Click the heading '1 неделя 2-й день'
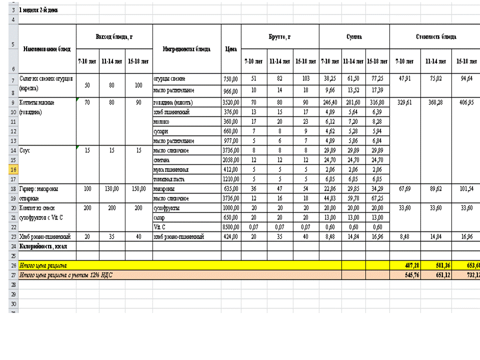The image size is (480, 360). coord(38,10)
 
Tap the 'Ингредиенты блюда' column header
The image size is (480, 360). coord(186,49)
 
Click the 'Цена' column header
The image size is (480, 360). coord(230,49)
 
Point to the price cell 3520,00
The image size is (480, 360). coord(230,102)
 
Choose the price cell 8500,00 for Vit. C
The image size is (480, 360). coord(230,226)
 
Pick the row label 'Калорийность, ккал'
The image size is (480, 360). coord(43,246)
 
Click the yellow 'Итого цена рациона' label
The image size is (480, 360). coord(43,265)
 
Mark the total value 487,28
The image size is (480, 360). coord(404,265)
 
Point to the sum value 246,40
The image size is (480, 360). coord(330,102)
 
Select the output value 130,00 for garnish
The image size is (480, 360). coord(112,188)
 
